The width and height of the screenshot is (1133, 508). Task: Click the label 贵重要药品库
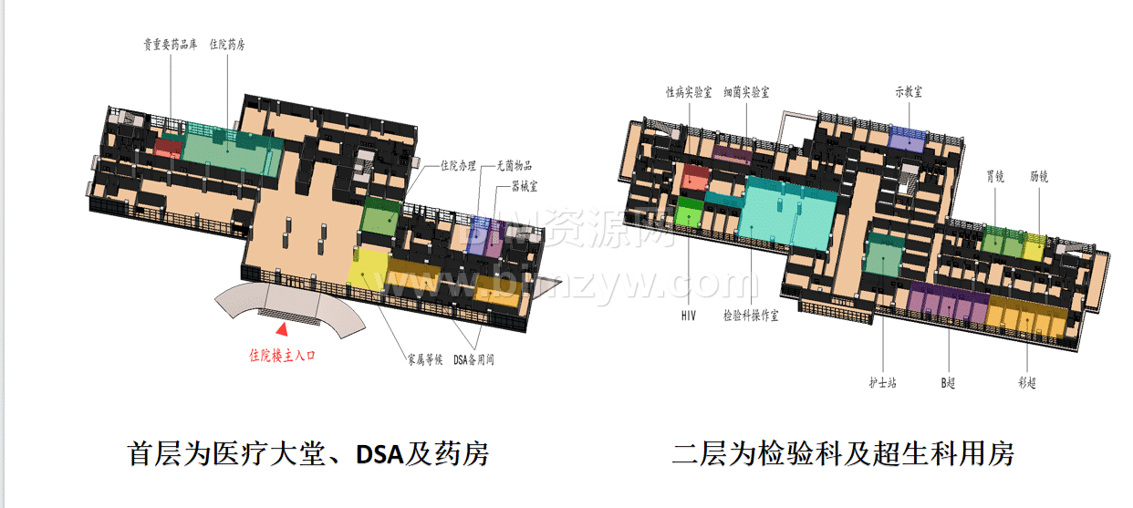(171, 44)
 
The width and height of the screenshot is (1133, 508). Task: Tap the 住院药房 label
(227, 44)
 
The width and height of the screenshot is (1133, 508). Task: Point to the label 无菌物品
(514, 165)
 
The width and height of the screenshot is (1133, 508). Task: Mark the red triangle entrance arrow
(283, 329)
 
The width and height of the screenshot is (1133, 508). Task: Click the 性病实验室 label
(689, 92)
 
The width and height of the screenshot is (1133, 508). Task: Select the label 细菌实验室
(746, 92)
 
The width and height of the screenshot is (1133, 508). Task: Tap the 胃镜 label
(995, 177)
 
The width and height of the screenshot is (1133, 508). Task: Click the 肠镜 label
(1039, 177)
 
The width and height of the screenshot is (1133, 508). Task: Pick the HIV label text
(689, 316)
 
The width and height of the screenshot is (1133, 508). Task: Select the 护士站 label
(882, 383)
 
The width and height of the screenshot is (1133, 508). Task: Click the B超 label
(949, 383)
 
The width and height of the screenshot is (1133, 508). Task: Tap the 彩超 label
(1026, 383)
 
